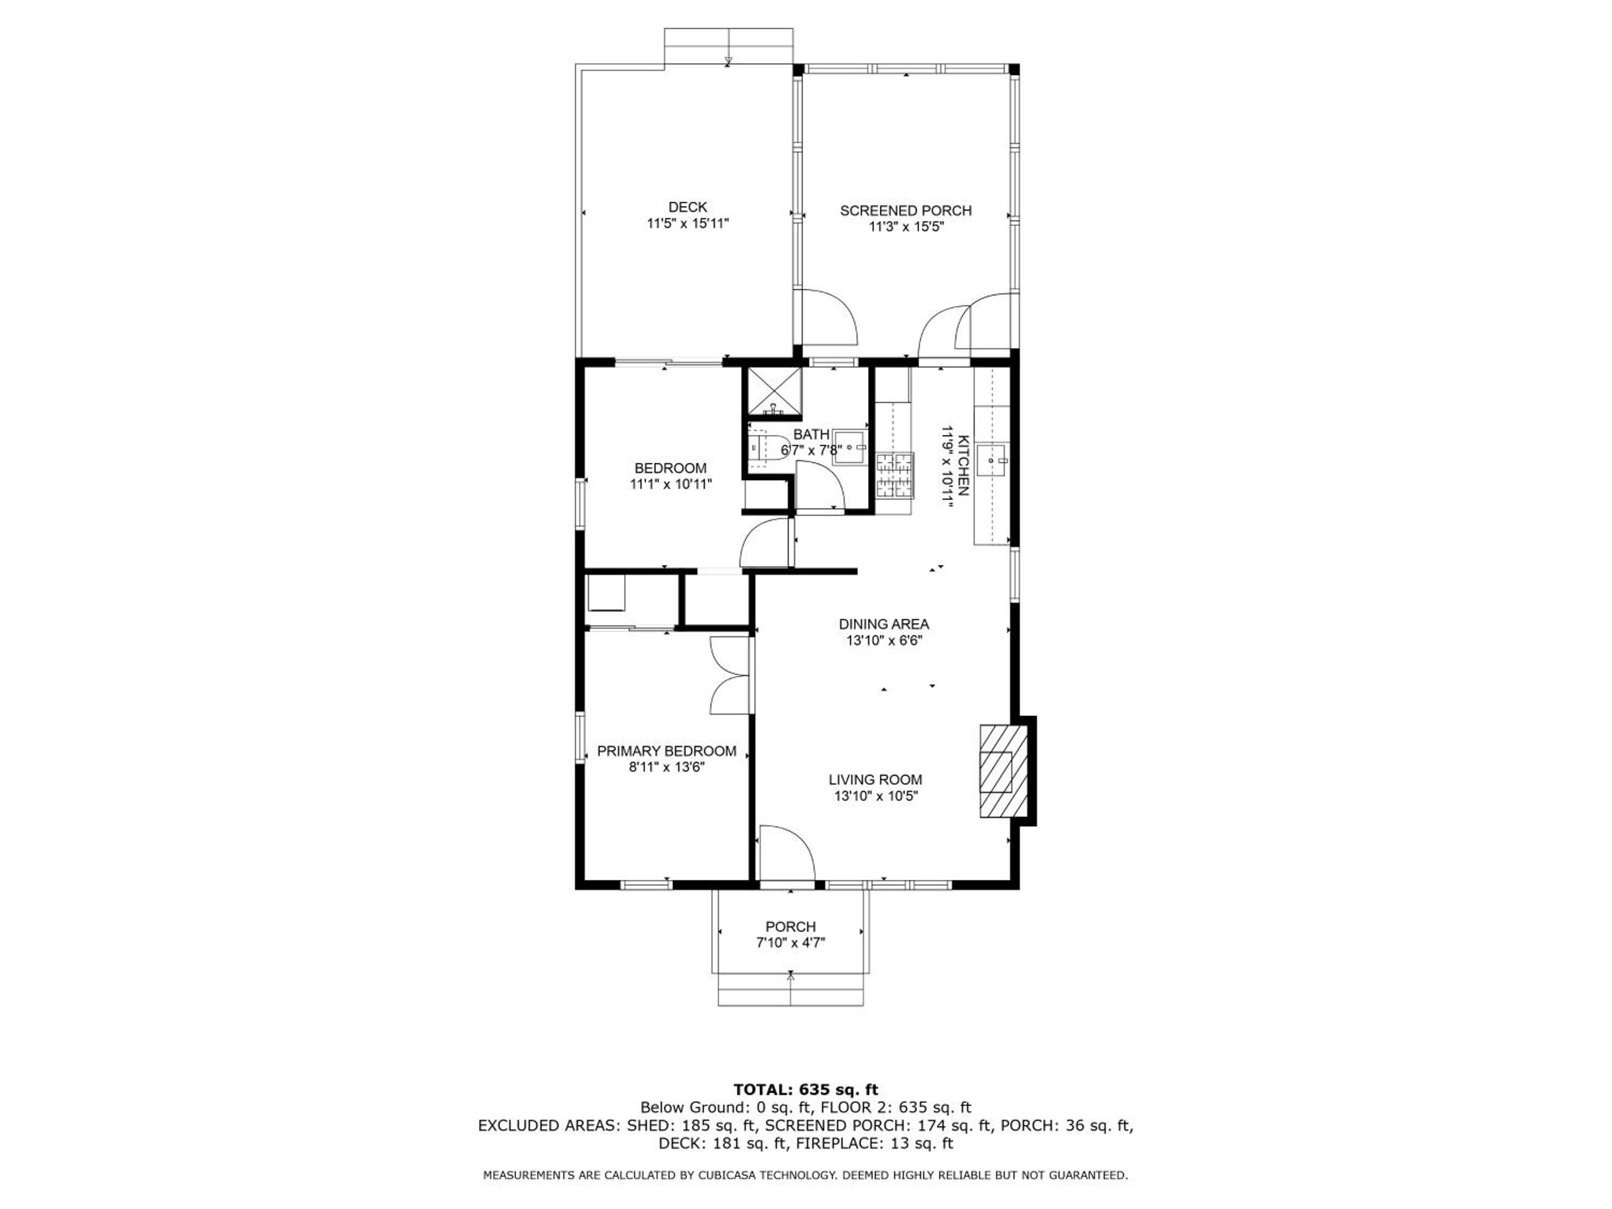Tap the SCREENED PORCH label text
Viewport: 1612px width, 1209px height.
tap(906, 211)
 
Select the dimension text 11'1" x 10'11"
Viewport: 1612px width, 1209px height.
tap(671, 484)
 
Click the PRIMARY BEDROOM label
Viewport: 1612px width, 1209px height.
tap(667, 751)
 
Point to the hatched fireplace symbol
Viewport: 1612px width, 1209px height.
tap(1004, 771)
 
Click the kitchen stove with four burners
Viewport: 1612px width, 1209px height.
tap(894, 475)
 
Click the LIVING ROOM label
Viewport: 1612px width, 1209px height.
tap(875, 780)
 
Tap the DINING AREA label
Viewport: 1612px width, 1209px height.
tap(884, 624)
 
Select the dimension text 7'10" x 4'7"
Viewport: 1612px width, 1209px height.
tap(791, 942)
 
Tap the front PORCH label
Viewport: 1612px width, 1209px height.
tap(791, 927)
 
